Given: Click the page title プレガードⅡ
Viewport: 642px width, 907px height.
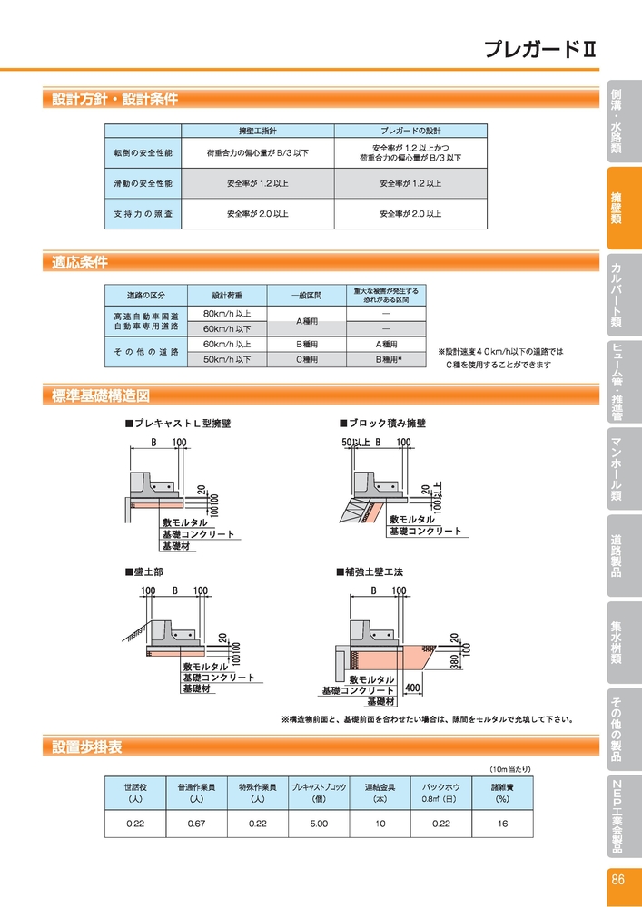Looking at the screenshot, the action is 539,50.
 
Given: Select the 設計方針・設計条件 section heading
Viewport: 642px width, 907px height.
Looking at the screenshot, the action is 114,99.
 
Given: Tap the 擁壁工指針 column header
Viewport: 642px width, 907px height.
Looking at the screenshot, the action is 258,130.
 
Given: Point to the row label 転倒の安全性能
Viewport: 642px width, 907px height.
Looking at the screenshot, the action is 143,153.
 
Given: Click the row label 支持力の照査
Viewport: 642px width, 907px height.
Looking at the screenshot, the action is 143,213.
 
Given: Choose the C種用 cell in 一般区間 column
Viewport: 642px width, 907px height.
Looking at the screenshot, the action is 306,359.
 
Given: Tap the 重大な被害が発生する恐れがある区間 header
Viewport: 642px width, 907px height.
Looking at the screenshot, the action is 386,295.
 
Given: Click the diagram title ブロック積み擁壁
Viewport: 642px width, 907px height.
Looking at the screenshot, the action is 382,424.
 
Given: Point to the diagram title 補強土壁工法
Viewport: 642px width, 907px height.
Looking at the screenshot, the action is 370,572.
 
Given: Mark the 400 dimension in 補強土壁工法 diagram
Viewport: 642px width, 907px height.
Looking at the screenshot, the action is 412,687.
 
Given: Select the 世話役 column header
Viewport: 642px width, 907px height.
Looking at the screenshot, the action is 135,793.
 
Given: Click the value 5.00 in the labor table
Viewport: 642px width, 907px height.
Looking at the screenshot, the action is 319,824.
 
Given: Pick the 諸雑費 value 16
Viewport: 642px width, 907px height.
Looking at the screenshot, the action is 502,824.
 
